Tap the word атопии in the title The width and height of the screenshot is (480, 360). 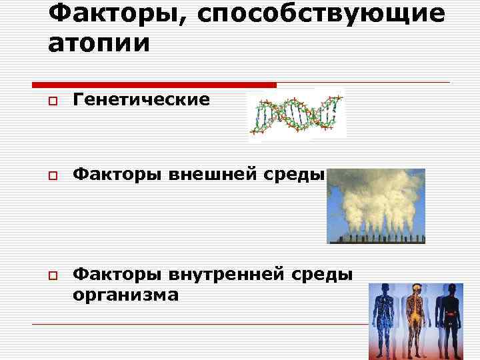pyautogui.click(x=99, y=43)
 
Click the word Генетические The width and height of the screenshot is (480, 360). pyautogui.click(x=141, y=100)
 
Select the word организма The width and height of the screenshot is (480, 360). pyautogui.click(x=126, y=294)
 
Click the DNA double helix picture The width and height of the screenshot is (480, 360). pyautogui.click(x=297, y=114)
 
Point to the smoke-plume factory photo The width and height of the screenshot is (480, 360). pyautogui.click(x=377, y=205)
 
